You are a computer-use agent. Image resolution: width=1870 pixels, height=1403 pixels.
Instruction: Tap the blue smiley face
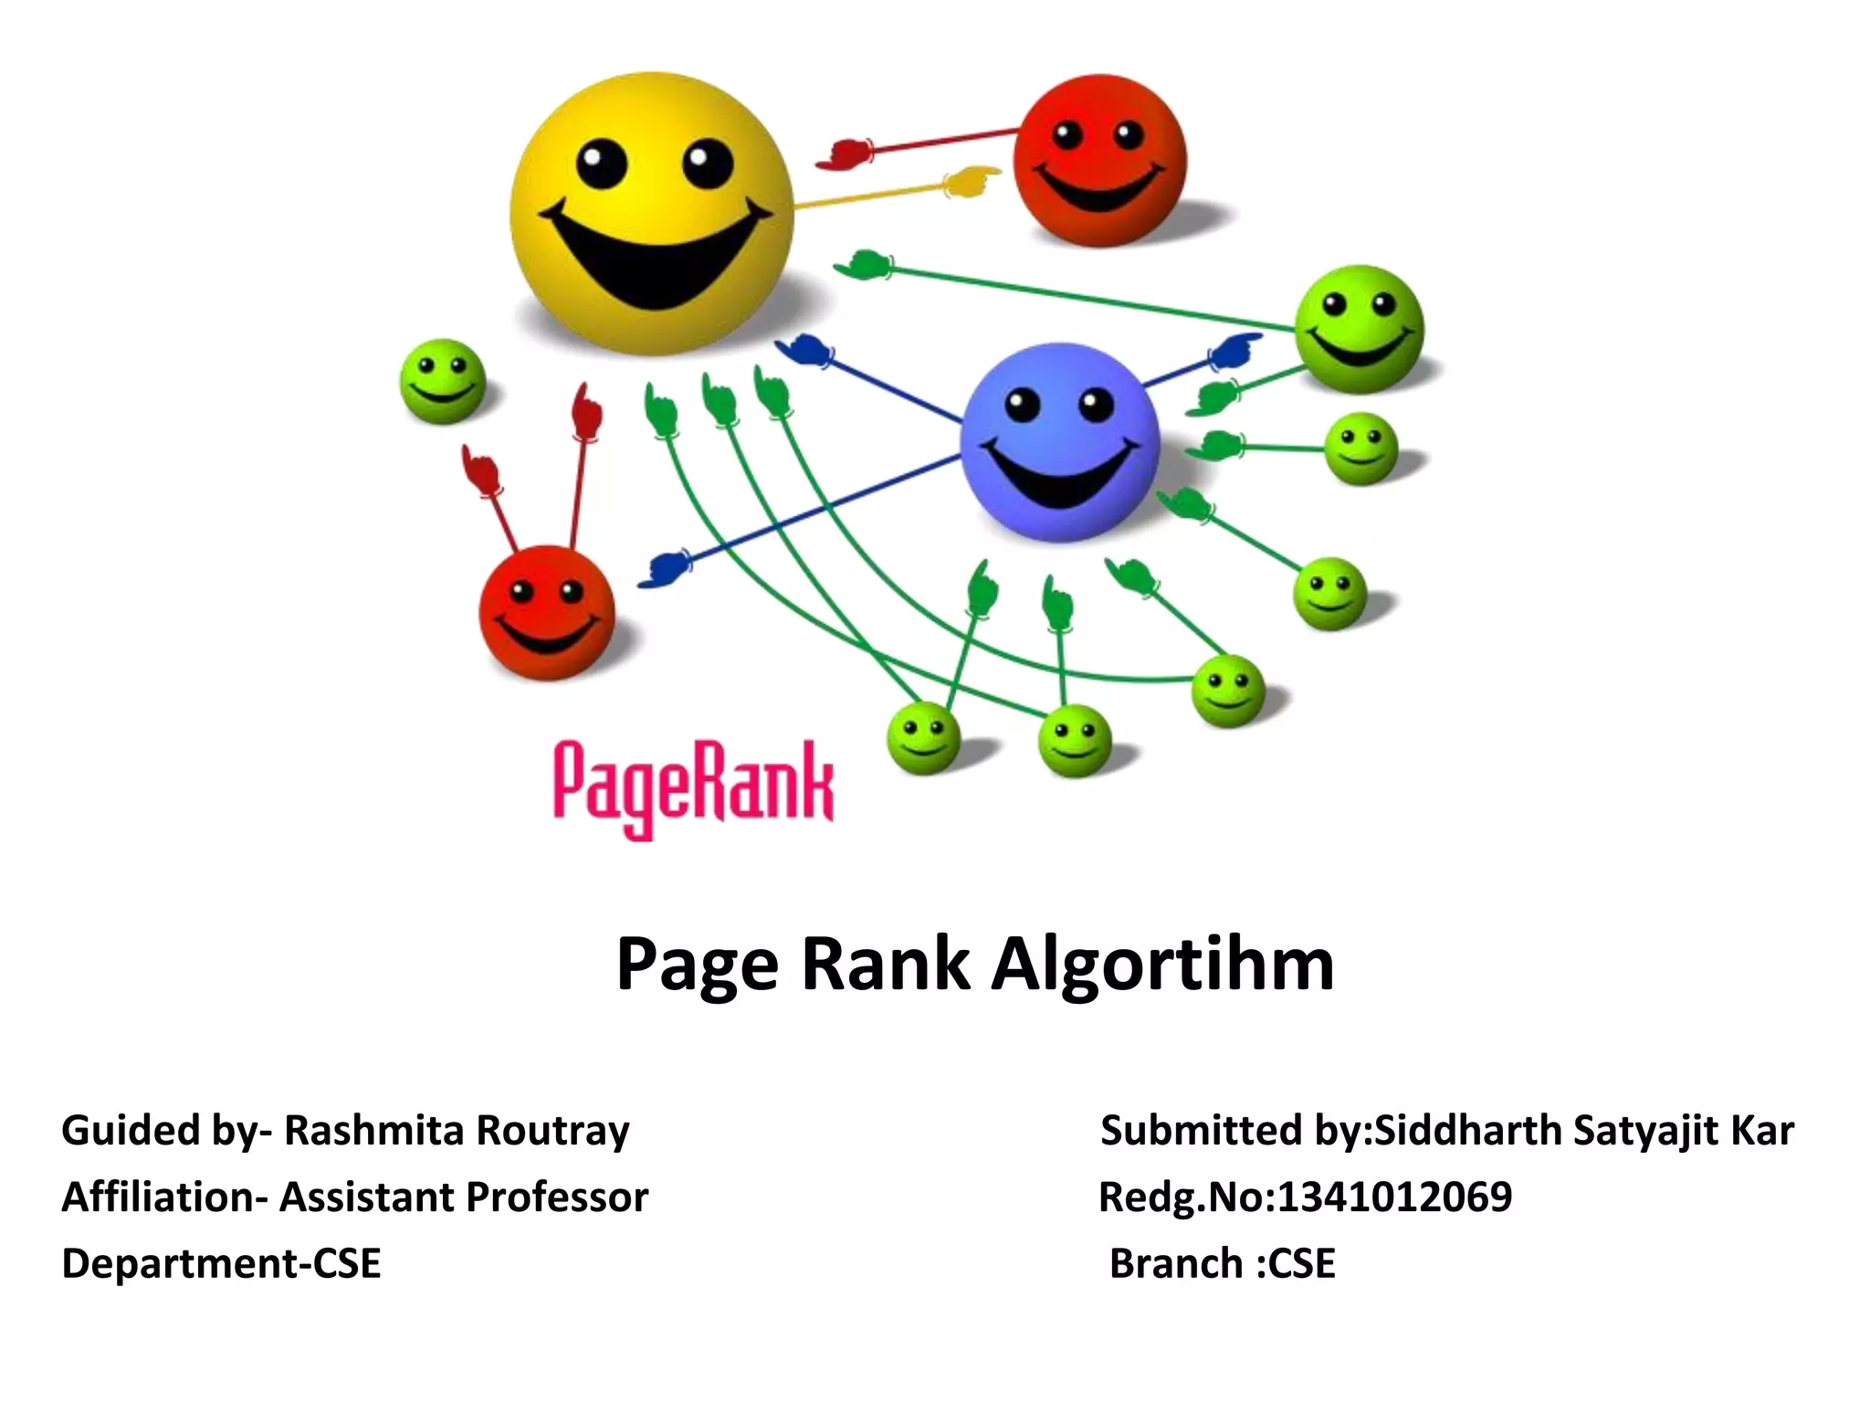tap(1059, 442)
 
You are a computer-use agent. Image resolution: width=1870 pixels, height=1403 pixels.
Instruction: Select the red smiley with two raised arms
tap(546, 612)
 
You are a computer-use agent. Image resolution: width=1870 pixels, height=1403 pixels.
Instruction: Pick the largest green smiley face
tap(1360, 329)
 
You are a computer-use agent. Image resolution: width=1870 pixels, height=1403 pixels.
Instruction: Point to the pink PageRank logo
tap(693, 787)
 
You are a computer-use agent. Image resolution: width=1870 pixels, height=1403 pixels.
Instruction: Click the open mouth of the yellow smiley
tap(654, 259)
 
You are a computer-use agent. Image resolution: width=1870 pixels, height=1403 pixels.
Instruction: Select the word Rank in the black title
tap(885, 965)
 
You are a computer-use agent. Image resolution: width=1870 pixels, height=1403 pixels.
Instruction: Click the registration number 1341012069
tap(1394, 1197)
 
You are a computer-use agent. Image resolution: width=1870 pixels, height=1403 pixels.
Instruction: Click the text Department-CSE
tap(221, 1263)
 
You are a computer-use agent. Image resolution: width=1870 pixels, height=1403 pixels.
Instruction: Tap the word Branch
tap(1176, 1263)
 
